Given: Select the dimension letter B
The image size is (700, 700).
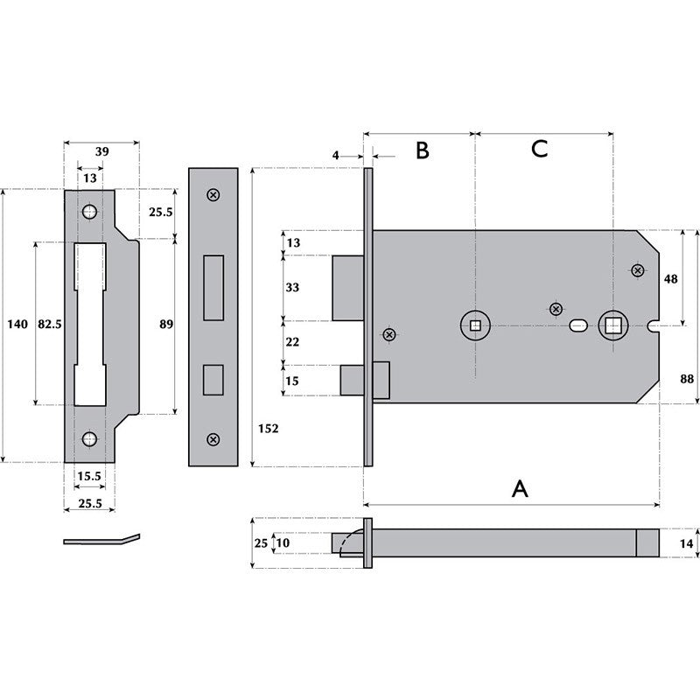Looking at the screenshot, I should coord(422,150).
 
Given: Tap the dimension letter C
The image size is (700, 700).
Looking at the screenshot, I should coord(539,149).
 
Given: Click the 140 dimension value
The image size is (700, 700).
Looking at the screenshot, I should coord(17,325).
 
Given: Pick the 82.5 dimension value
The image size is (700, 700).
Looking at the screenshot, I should coord(50,325).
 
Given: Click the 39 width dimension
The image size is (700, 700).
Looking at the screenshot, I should coord(101,151).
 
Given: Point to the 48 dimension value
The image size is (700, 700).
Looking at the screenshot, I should coord(669,279).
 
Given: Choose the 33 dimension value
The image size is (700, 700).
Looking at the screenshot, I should coord(292,288).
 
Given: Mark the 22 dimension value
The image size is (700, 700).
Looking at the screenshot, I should coord(292,341).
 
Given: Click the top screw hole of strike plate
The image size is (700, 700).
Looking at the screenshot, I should coord(89,213).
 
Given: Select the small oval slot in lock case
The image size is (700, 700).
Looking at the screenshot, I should coord(577,326).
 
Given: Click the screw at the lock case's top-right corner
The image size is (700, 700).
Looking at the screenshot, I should coord(636,271).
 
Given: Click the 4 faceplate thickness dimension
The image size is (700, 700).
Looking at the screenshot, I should coord(335,155).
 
